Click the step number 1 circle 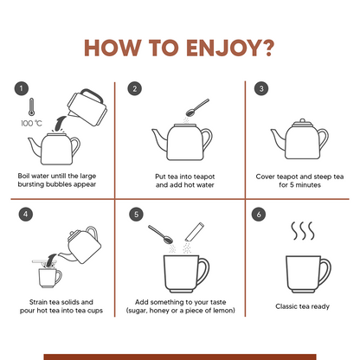(22, 88)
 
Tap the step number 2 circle (135, 88)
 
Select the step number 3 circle (261, 88)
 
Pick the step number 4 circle (26, 215)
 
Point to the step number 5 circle (136, 215)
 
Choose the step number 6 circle (259, 215)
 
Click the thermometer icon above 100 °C (31, 107)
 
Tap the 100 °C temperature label (31, 124)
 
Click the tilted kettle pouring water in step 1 (87, 107)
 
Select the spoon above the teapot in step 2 (197, 107)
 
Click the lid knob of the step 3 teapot (302, 120)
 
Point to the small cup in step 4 (49, 278)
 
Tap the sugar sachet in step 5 (195, 232)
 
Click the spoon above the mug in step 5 (160, 235)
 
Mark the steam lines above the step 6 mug (302, 231)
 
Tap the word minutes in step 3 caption (308, 185)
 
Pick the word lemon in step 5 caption (224, 311)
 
